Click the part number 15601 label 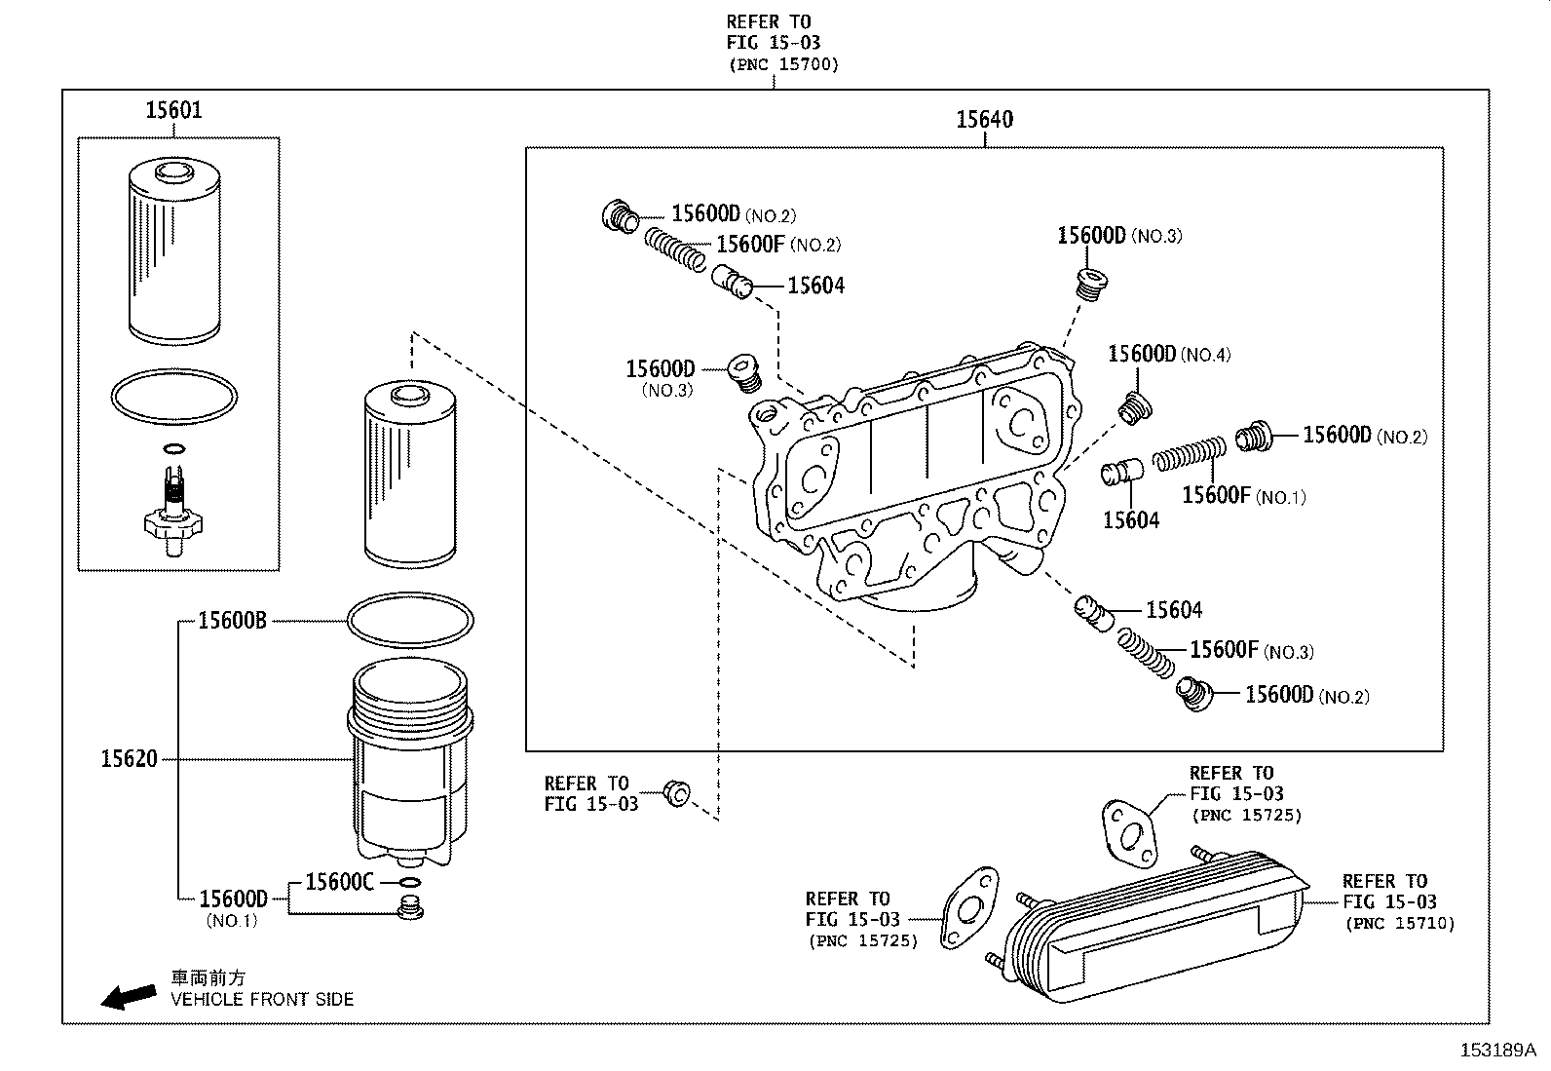[x=173, y=110]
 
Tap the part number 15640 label [x=984, y=120]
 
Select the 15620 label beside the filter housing [x=129, y=758]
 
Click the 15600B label [x=232, y=620]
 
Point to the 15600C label [x=339, y=881]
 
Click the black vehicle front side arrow [x=129, y=995]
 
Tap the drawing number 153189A [x=1495, y=1050]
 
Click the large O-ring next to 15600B [x=410, y=620]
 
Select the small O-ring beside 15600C [x=410, y=883]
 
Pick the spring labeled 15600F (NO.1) [x=1189, y=454]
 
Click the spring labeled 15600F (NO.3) [x=1147, y=653]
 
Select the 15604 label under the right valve [x=1130, y=520]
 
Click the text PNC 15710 [x=1399, y=923]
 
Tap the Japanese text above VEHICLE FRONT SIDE [x=208, y=977]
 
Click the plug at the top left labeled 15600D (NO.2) [x=618, y=215]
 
